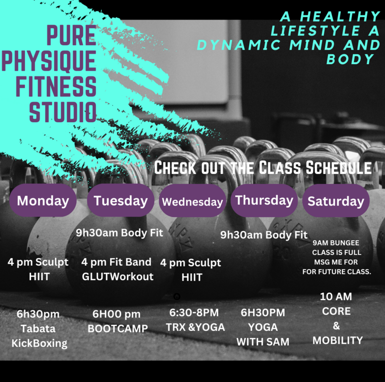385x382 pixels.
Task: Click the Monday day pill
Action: (43, 201)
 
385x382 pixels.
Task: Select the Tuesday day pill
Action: (120, 201)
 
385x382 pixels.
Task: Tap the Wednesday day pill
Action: (192, 201)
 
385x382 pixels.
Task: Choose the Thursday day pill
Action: (264, 201)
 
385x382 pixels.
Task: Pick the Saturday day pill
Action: (336, 201)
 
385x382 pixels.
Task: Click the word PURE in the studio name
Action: (71, 35)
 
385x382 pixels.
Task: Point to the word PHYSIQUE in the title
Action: (49, 61)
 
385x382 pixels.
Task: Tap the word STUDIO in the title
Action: (63, 112)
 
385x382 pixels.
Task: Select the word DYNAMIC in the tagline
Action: (239, 45)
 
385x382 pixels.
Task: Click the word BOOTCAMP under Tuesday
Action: (118, 328)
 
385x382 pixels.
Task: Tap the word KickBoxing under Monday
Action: (39, 343)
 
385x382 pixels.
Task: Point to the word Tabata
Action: (38, 328)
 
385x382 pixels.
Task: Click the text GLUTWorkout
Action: (118, 277)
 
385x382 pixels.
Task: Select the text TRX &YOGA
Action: (196, 327)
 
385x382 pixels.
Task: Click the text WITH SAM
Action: (263, 342)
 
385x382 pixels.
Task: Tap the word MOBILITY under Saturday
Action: (337, 340)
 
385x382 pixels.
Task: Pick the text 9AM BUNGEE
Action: (336, 243)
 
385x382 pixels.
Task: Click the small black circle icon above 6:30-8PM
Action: (177, 296)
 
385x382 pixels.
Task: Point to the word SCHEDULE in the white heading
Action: (338, 167)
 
